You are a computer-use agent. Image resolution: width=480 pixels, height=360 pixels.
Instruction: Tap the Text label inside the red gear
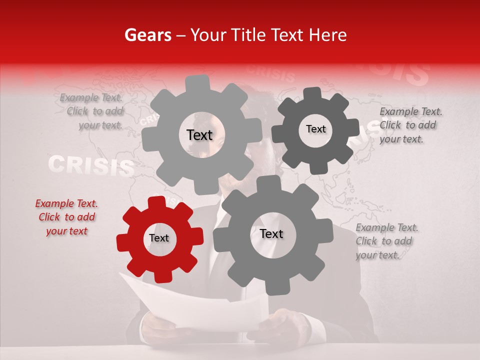click(159, 238)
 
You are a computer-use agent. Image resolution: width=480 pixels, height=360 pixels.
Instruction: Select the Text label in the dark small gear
click(315, 129)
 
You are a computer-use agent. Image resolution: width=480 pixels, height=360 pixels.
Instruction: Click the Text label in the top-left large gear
click(199, 135)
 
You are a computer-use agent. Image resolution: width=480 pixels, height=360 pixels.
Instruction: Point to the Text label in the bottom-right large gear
click(271, 234)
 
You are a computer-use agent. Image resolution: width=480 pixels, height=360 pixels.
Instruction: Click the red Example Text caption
click(66, 217)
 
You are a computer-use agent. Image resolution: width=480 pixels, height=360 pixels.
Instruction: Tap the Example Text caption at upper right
click(410, 125)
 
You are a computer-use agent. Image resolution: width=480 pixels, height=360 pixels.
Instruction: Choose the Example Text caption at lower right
click(386, 241)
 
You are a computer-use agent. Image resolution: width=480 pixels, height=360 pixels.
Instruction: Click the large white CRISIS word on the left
click(91, 166)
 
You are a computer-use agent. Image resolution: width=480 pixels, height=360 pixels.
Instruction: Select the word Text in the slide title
click(287, 35)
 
